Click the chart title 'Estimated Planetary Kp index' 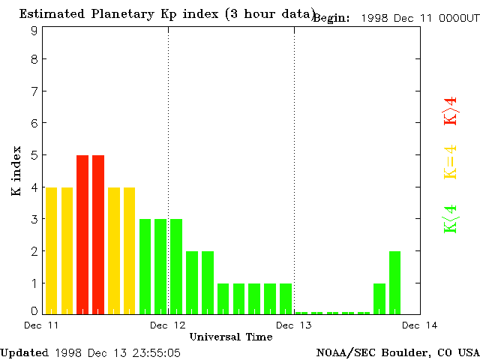(x=120, y=13)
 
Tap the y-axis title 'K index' (x=16, y=171)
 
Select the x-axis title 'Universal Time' (x=231, y=337)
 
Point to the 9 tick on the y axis (x=34, y=31)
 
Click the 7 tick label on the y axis (x=34, y=91)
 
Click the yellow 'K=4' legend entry (x=450, y=162)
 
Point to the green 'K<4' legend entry (x=450, y=218)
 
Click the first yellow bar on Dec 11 (x=51, y=250)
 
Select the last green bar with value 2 (x=395, y=282)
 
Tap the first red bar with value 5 (x=82, y=234)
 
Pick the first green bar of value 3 (x=145, y=266)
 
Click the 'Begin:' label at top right (x=331, y=18)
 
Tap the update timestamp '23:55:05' (x=154, y=352)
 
